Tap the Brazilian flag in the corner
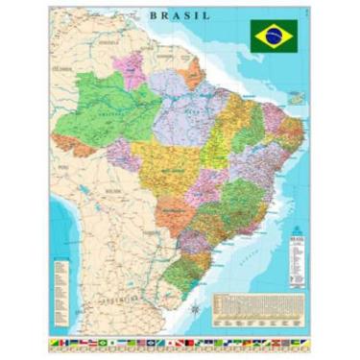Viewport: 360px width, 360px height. (x=273, y=35)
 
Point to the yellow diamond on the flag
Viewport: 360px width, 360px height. (x=273, y=35)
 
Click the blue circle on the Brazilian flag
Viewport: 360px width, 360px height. (x=273, y=35)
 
